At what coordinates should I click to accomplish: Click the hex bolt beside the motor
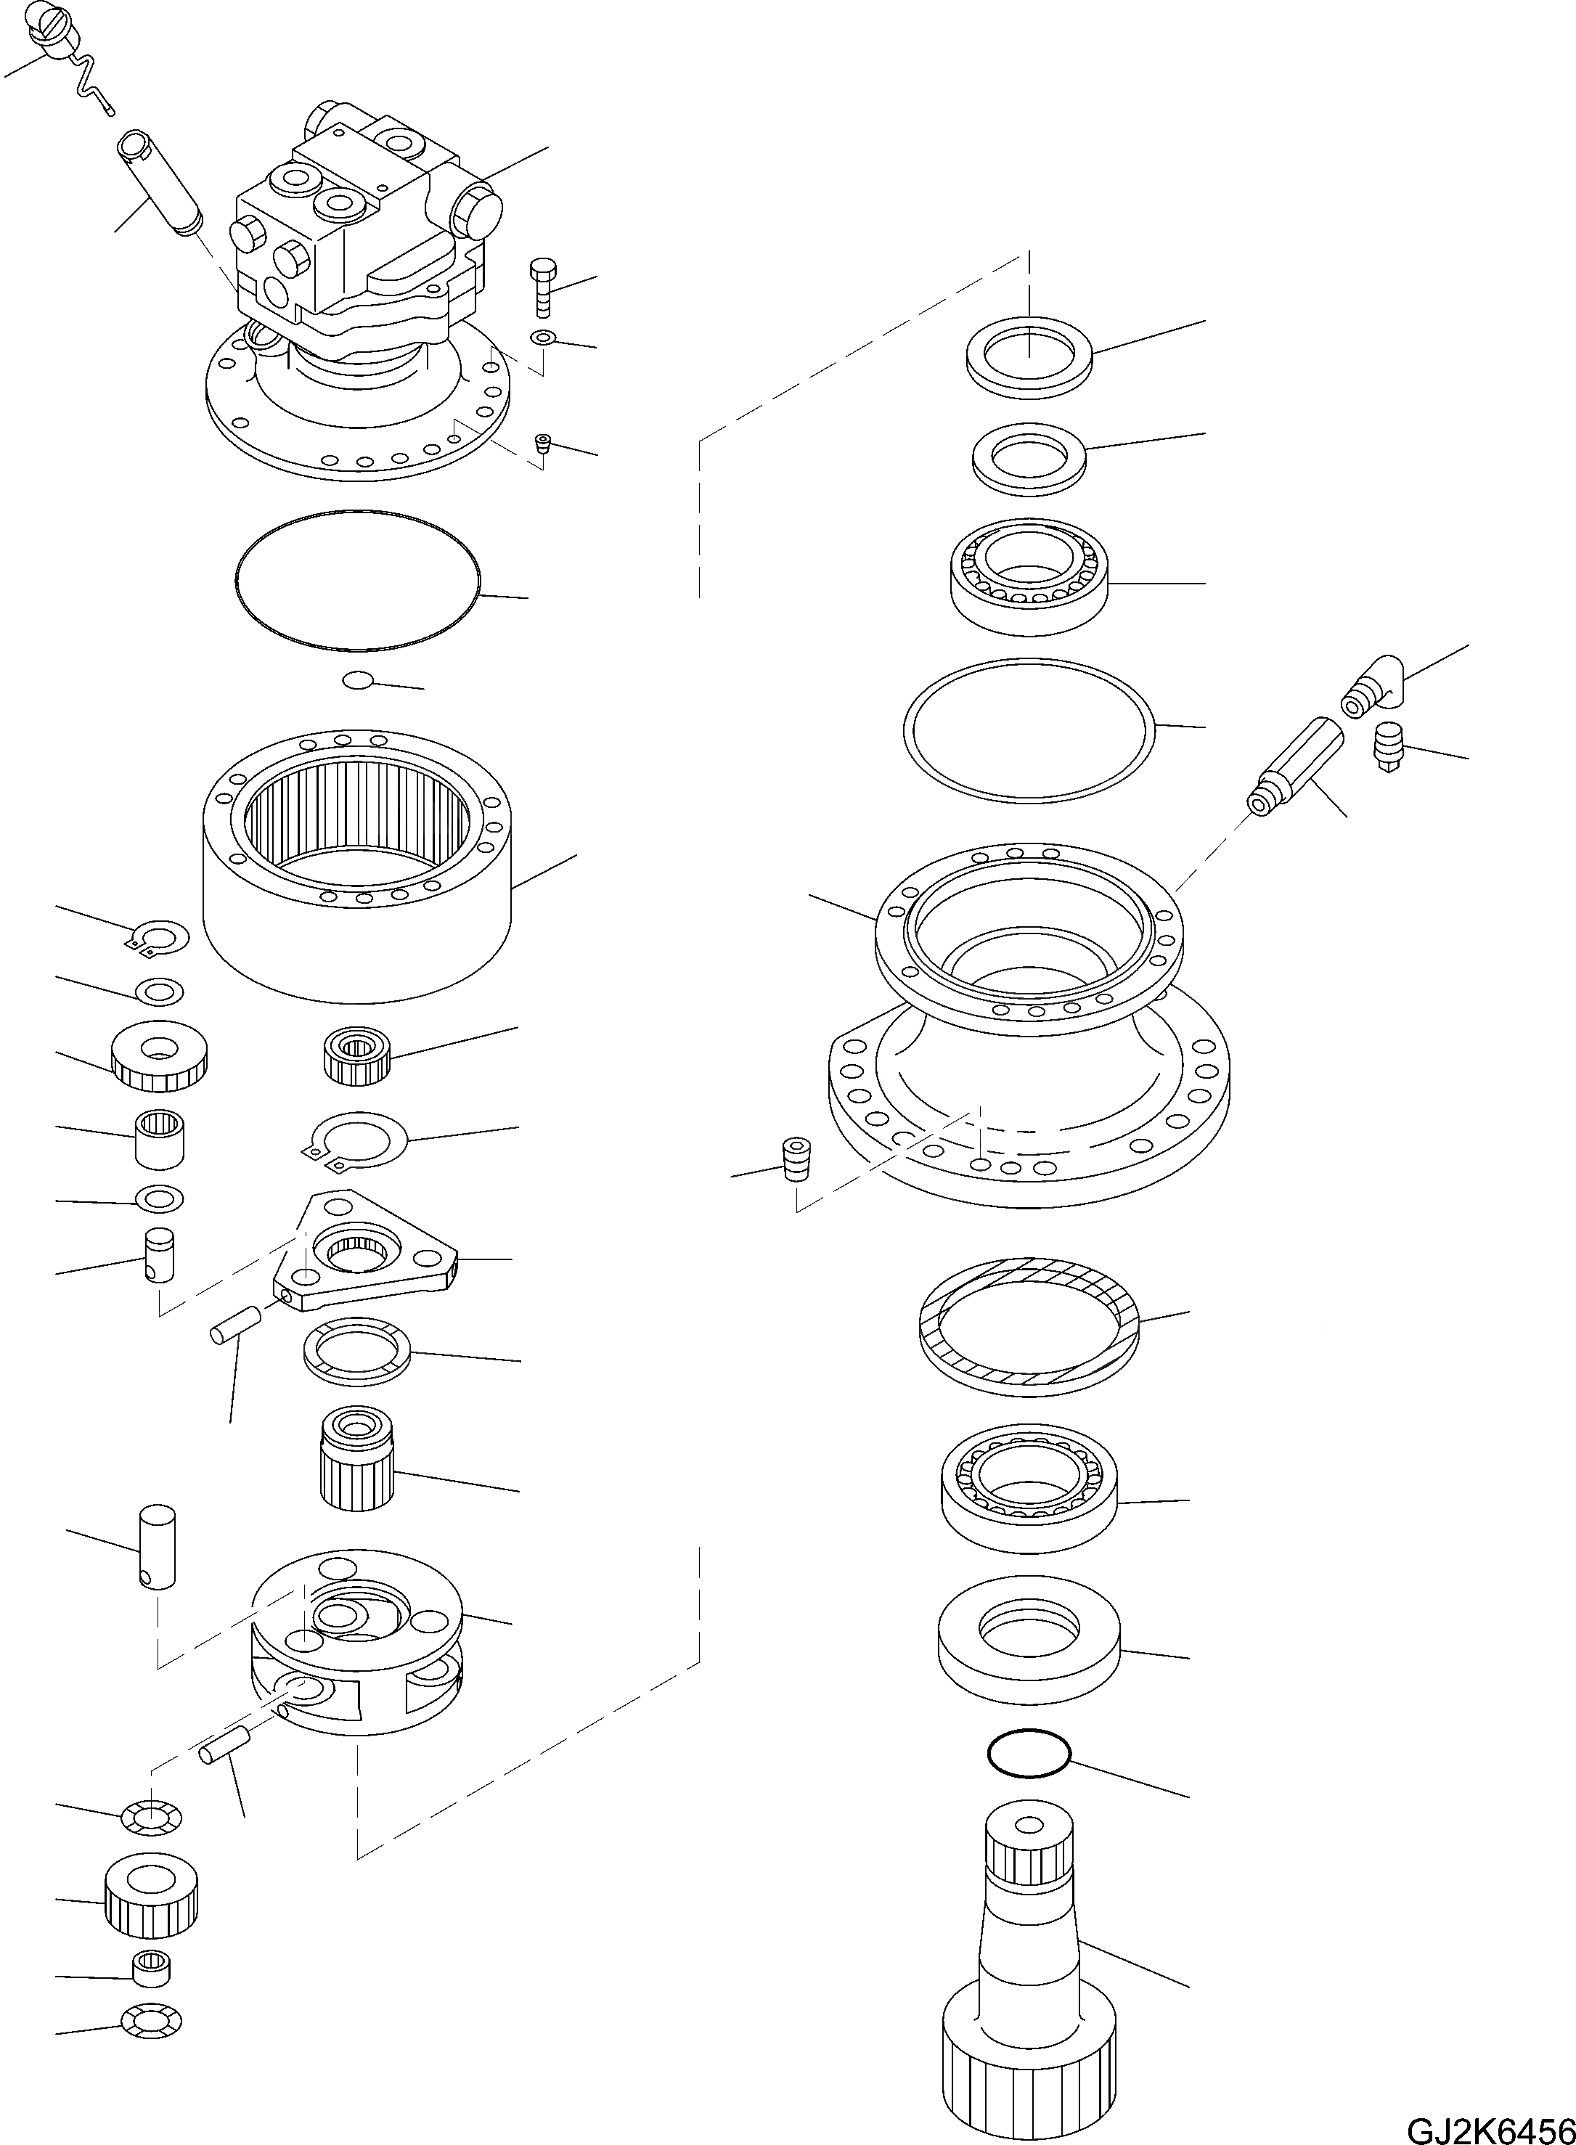click(541, 285)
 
